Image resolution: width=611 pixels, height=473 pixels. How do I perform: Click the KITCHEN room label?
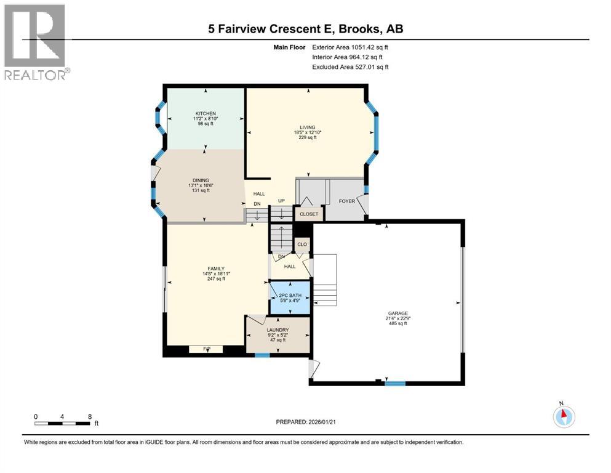205,113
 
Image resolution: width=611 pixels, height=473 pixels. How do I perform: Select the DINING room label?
199,180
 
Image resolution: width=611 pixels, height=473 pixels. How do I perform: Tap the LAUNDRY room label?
278,330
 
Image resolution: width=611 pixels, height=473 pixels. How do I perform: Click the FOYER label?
347,201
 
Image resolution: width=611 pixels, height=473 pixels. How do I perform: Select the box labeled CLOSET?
308,214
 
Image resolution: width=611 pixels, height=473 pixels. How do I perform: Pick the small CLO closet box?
302,245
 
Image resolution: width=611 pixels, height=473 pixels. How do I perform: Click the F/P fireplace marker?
206,349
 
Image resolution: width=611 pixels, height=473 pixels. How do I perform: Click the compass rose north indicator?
562,415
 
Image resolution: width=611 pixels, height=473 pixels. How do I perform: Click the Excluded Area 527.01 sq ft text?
350,67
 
